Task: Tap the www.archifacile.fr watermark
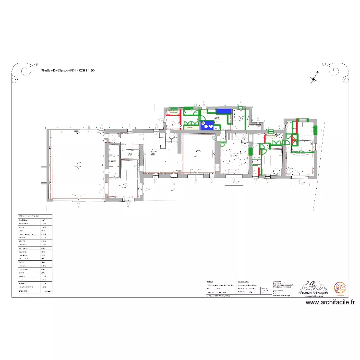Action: click(330, 302)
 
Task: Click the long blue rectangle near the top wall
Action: click(223, 111)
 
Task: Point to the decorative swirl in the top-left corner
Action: click(22, 72)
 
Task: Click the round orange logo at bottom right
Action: click(340, 287)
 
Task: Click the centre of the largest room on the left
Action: click(76, 166)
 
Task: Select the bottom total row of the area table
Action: click(34, 290)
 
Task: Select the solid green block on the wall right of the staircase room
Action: click(250, 152)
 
